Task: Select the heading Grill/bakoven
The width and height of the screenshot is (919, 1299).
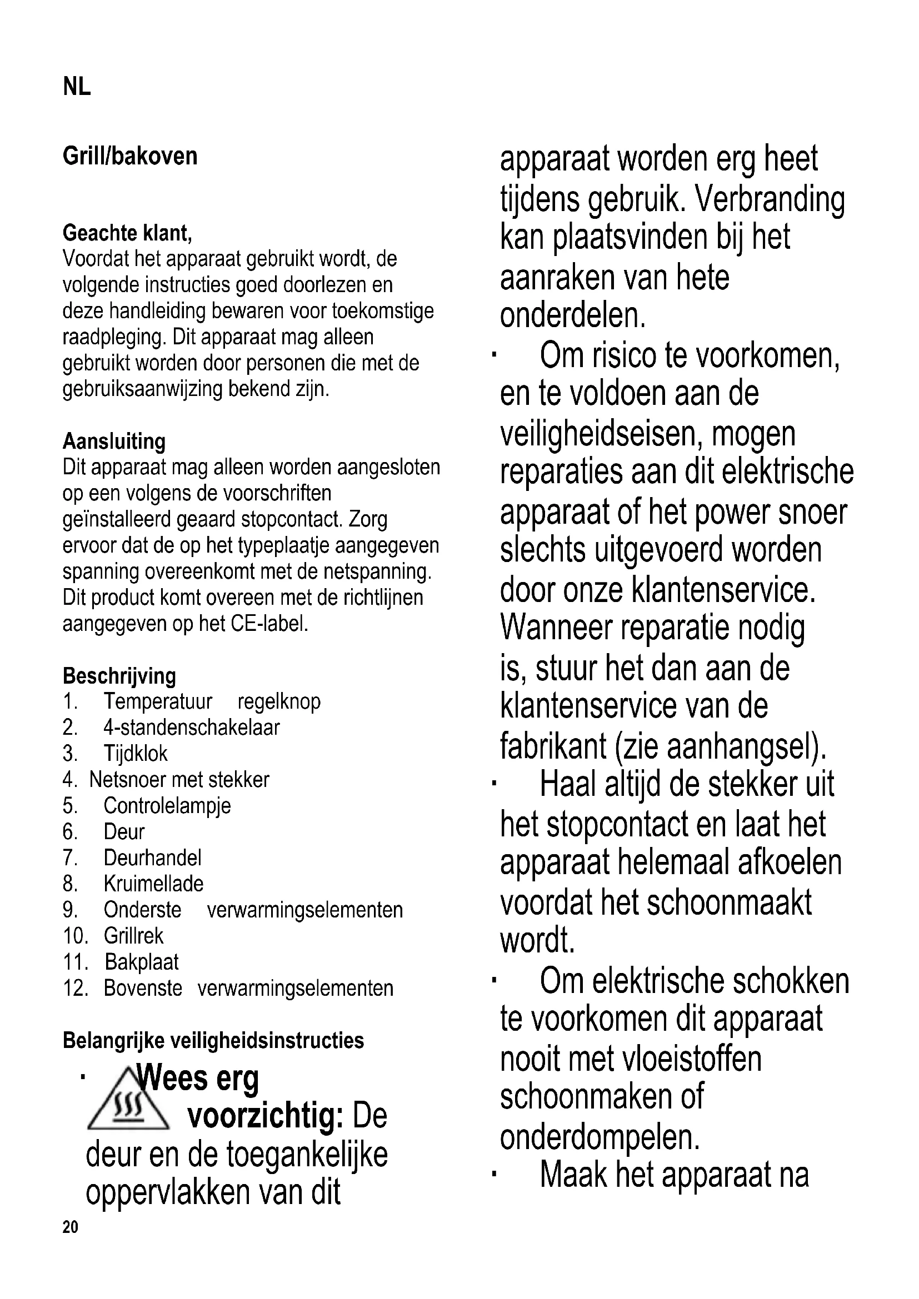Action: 130,156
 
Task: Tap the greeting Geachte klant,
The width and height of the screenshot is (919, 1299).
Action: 127,233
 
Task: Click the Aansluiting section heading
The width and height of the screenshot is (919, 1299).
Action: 114,442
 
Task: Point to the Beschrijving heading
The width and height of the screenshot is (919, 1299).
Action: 119,675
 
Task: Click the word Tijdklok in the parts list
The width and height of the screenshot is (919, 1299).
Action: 136,754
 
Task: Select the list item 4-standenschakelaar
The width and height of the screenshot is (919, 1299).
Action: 191,728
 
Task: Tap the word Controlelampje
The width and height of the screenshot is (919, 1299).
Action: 167,806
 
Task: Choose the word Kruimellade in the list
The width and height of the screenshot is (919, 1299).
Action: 153,884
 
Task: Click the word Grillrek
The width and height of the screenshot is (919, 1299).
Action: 133,936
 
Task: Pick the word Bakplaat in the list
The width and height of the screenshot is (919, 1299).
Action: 142,962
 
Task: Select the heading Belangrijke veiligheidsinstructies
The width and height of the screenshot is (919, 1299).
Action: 213,1040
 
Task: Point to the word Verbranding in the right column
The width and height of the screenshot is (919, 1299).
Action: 770,199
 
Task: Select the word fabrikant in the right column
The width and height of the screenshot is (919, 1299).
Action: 553,746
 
